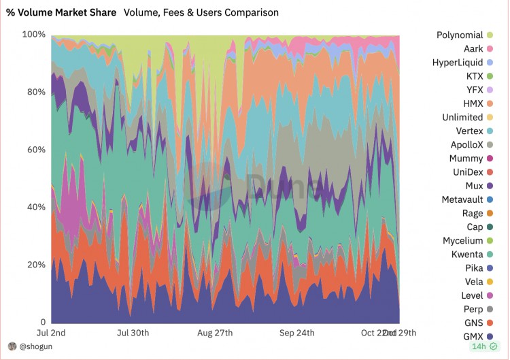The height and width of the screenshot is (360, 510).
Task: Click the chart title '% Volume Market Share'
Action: [61, 12]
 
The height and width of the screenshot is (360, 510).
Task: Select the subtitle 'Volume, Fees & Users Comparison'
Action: [201, 12]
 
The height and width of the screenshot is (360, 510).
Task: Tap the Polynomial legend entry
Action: [460, 35]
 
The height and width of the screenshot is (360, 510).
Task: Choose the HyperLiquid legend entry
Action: [458, 62]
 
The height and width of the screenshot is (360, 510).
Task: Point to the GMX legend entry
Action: [472, 337]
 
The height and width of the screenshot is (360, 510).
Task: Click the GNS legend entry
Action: [473, 323]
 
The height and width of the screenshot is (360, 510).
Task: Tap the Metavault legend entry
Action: [462, 199]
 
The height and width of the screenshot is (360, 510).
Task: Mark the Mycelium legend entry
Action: [463, 241]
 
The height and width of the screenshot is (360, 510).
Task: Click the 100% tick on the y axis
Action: [34, 34]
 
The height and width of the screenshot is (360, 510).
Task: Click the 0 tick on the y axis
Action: [43, 323]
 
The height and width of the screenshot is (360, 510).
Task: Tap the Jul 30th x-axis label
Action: [133, 333]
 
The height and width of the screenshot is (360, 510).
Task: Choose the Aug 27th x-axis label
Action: [215, 333]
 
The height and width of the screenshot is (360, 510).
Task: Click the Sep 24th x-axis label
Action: [297, 333]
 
